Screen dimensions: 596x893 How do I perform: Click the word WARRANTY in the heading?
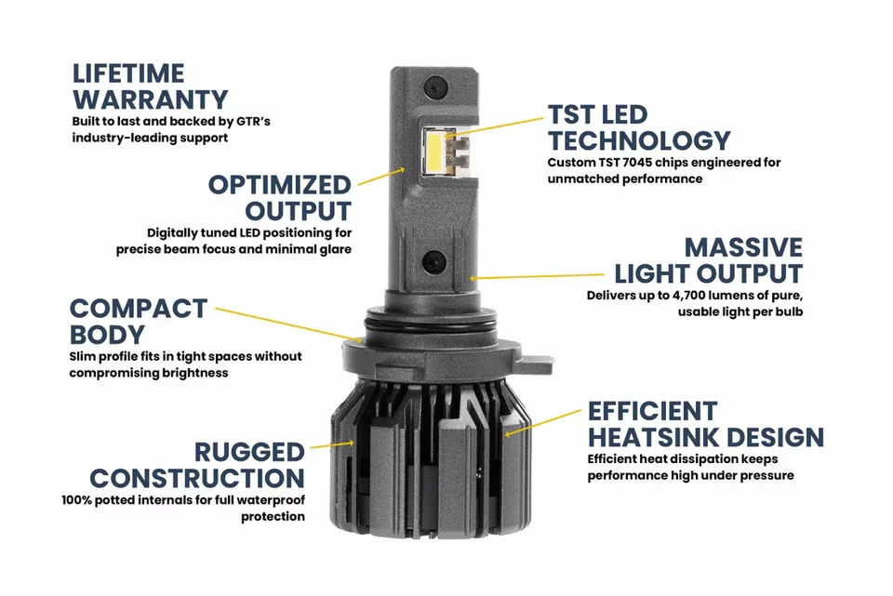click(150, 99)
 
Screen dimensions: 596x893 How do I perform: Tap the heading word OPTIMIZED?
click(279, 184)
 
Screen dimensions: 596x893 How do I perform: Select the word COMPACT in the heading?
click(138, 308)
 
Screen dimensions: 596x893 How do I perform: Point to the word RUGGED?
click(249, 453)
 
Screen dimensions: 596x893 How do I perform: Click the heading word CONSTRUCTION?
click(197, 479)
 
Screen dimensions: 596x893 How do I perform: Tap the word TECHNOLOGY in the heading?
click(639, 141)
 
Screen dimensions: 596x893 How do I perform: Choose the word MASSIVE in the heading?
click(743, 247)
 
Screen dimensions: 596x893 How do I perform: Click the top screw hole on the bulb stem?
click(432, 88)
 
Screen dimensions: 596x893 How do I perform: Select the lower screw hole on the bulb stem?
click(432, 261)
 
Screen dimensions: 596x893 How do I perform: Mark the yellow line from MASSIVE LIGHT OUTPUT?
click(540, 276)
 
